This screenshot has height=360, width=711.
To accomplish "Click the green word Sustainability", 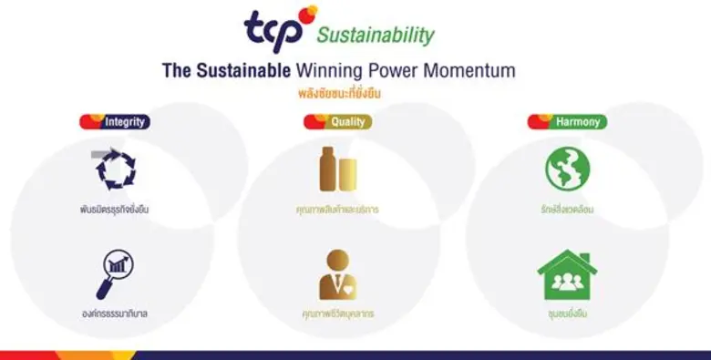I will click(376, 36).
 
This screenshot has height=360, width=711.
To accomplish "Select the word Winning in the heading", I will click(332, 69).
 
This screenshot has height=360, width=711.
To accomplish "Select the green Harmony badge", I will click(567, 121).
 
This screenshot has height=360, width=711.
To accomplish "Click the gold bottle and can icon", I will click(338, 169).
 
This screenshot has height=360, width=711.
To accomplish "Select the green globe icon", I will click(567, 169).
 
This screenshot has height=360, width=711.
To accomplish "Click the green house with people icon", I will click(567, 274).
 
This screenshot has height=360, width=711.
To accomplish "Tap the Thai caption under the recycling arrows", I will click(115, 209).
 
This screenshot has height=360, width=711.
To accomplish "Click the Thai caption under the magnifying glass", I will click(115, 314).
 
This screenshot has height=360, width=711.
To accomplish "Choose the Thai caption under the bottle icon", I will click(338, 209).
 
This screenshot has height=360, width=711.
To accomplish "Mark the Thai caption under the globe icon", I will click(567, 209).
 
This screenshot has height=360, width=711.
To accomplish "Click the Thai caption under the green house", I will click(567, 314).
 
